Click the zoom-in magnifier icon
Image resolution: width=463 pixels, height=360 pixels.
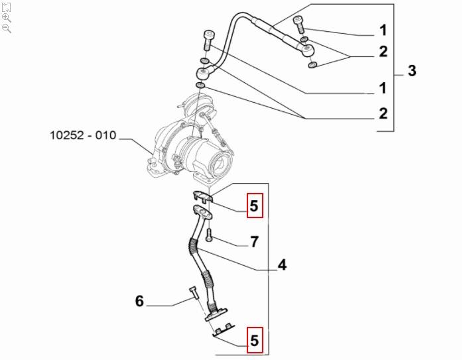point(6,17)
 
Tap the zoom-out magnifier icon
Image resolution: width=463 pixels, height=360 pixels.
point(6,29)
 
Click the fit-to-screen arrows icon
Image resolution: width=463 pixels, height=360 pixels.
point(6,6)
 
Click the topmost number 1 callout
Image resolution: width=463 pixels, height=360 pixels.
point(383,30)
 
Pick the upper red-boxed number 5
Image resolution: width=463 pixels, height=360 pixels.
point(255,207)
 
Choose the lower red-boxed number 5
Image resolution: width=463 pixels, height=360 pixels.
point(255,341)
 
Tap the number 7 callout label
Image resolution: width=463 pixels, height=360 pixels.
point(253,242)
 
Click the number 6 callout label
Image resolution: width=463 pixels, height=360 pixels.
point(139,302)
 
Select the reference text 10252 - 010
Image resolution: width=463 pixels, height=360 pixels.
point(83,136)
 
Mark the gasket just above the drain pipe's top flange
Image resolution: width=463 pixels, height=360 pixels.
point(203,196)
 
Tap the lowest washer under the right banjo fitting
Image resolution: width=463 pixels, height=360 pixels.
point(314,64)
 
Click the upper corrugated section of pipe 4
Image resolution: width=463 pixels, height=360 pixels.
point(193,248)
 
